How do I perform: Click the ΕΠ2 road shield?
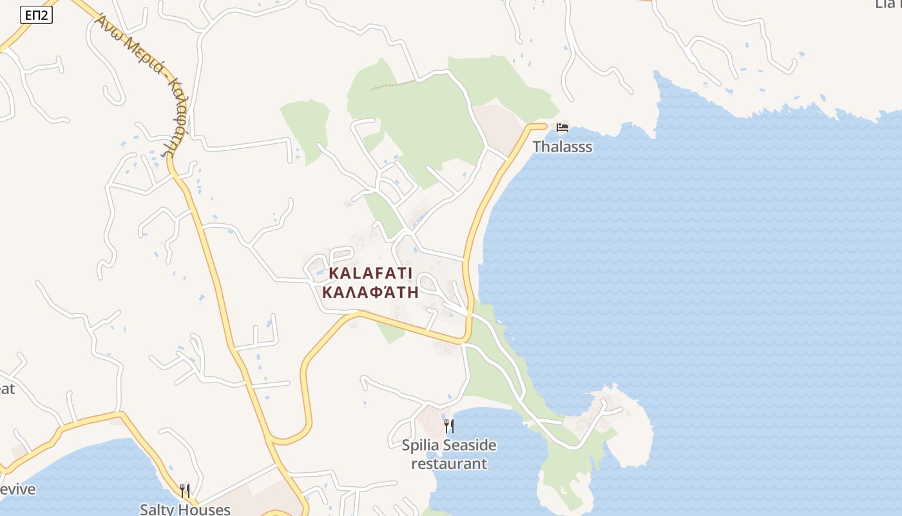36,15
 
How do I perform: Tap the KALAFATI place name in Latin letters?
370,273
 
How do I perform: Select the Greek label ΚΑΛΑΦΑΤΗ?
370,292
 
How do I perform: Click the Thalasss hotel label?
562,147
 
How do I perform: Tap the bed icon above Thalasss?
562,128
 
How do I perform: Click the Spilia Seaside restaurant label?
449,454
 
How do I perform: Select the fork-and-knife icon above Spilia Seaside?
449,426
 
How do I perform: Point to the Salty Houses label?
185,509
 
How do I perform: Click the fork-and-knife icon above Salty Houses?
185,490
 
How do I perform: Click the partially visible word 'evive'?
18,489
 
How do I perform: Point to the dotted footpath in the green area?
393,86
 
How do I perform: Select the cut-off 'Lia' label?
889,4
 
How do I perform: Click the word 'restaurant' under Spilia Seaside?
449,464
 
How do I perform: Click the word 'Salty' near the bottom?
157,509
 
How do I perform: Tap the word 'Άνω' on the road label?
107,27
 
